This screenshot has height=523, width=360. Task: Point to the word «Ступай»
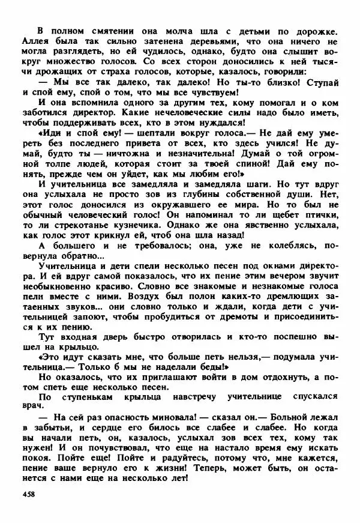point(323,81)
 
